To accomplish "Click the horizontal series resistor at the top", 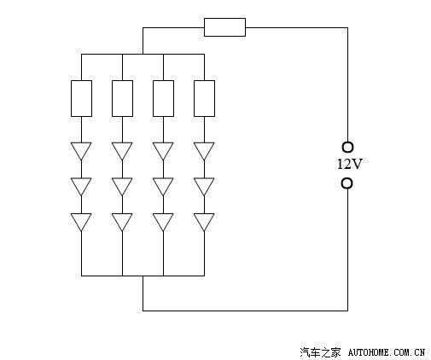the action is click(224, 27).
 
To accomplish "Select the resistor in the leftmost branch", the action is click(81, 98).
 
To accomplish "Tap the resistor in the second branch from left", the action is click(122, 98).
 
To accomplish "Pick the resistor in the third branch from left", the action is click(163, 98).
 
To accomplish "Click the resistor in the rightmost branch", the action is click(204, 98).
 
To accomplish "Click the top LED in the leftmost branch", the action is click(81, 151).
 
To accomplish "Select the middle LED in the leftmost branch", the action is click(81, 187).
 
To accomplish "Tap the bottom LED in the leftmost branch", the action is click(81, 222).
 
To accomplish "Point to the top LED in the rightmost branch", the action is click(204, 151).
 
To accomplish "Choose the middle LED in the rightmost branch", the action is click(204, 187).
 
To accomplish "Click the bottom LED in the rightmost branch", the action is click(204, 222).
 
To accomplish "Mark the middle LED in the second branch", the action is click(122, 187).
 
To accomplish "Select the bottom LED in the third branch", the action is click(163, 222).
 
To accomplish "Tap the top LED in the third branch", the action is click(163, 151).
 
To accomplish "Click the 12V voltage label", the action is click(350, 165).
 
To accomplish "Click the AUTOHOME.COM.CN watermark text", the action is click(387, 352).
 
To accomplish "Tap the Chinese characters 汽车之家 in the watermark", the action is click(320, 352).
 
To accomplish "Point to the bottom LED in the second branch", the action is click(122, 222).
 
